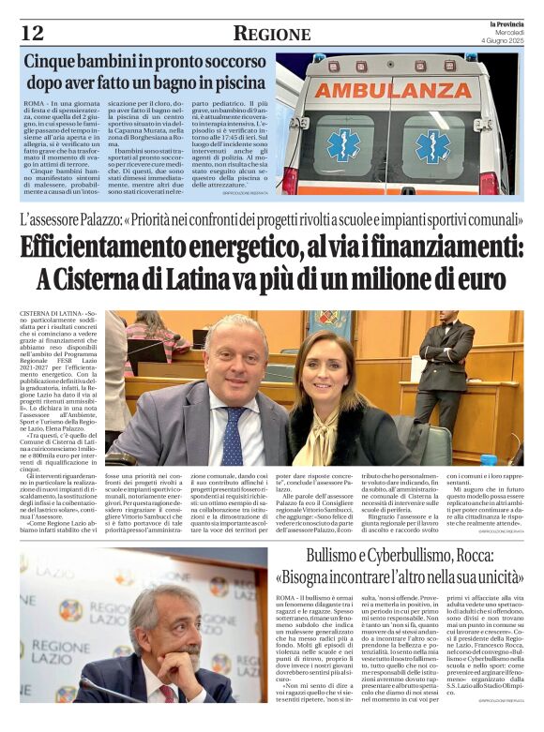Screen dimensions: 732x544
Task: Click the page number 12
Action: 32,34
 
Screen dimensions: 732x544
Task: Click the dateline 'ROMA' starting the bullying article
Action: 286,598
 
